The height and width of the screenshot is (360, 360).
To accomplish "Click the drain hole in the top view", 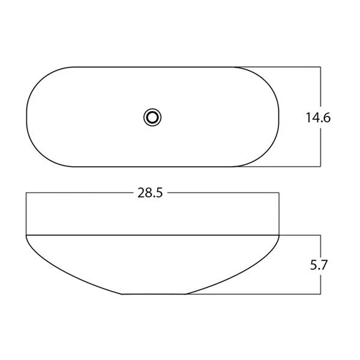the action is point(152,118).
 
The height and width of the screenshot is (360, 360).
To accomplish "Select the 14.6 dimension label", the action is point(318,118).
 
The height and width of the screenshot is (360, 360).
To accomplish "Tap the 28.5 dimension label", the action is point(150,193).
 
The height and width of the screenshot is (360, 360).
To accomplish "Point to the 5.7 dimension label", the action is point(318,265).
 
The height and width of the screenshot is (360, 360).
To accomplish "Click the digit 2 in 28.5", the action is point(141,193).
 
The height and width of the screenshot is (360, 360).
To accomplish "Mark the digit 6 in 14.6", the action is point(326,118).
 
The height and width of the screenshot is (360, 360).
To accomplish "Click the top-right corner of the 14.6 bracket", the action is point(320,67).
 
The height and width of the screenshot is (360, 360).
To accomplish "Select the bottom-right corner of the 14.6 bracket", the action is point(320,166).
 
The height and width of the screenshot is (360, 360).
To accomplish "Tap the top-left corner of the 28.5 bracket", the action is point(26,193).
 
